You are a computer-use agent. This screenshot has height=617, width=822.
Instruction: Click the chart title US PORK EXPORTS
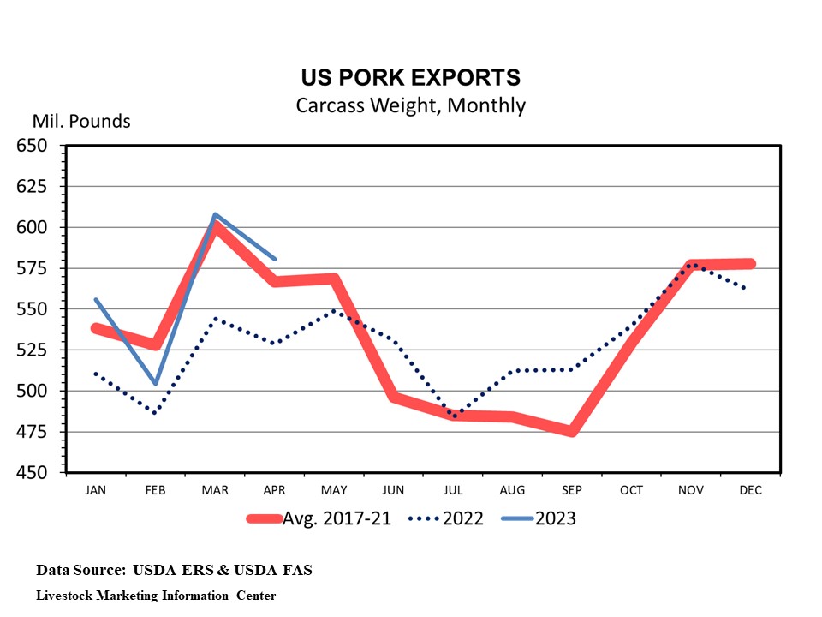pyautogui.click(x=410, y=78)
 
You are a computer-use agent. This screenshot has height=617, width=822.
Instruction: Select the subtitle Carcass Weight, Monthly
pyautogui.click(x=410, y=105)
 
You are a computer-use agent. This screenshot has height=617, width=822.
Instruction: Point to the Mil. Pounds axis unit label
pyautogui.click(x=81, y=121)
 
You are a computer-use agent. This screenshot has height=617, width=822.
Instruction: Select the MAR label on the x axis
pyautogui.click(x=215, y=490)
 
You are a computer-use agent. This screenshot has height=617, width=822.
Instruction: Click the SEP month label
pyautogui.click(x=572, y=490)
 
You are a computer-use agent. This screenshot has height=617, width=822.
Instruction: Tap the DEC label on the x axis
pyautogui.click(x=750, y=490)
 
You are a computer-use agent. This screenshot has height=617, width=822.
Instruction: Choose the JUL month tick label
pyautogui.click(x=453, y=490)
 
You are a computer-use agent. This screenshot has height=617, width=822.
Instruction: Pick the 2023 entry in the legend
pyautogui.click(x=556, y=518)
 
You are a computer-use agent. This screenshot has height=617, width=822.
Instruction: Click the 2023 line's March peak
pyautogui.click(x=215, y=214)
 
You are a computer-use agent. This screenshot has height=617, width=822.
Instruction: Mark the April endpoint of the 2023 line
pyautogui.click(x=274, y=258)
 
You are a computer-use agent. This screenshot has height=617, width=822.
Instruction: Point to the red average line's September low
pyautogui.click(x=571, y=432)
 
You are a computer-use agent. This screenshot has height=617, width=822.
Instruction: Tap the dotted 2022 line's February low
pyautogui.click(x=155, y=413)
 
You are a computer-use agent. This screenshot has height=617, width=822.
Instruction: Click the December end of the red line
pyautogui.click(x=750, y=264)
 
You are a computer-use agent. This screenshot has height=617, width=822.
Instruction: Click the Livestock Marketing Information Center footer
pyautogui.click(x=156, y=595)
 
